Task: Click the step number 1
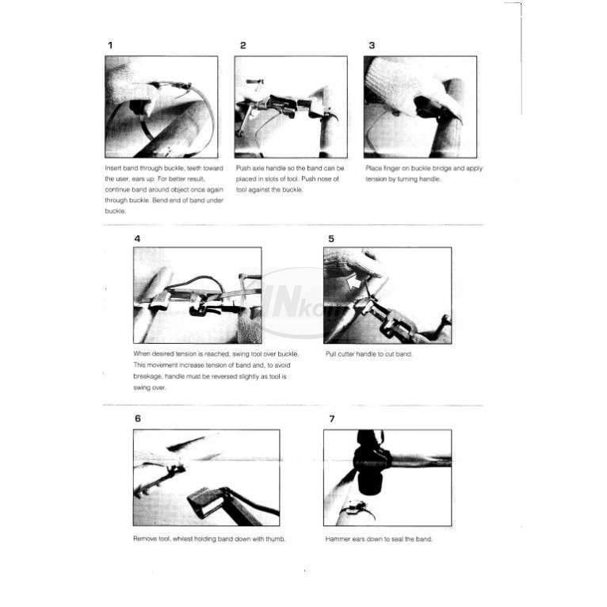pos(110,45)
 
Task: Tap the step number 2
pos(243,45)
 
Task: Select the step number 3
pos(372,45)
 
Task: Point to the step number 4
pos(137,239)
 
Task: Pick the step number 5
pos(331,239)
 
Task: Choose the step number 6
pos(138,418)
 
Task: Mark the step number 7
pos(332,419)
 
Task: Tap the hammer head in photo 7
pos(370,464)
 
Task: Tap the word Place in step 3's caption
pos(373,169)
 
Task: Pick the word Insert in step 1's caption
pos(113,169)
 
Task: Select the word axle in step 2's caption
pos(258,169)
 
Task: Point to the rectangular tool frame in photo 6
pos(205,502)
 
